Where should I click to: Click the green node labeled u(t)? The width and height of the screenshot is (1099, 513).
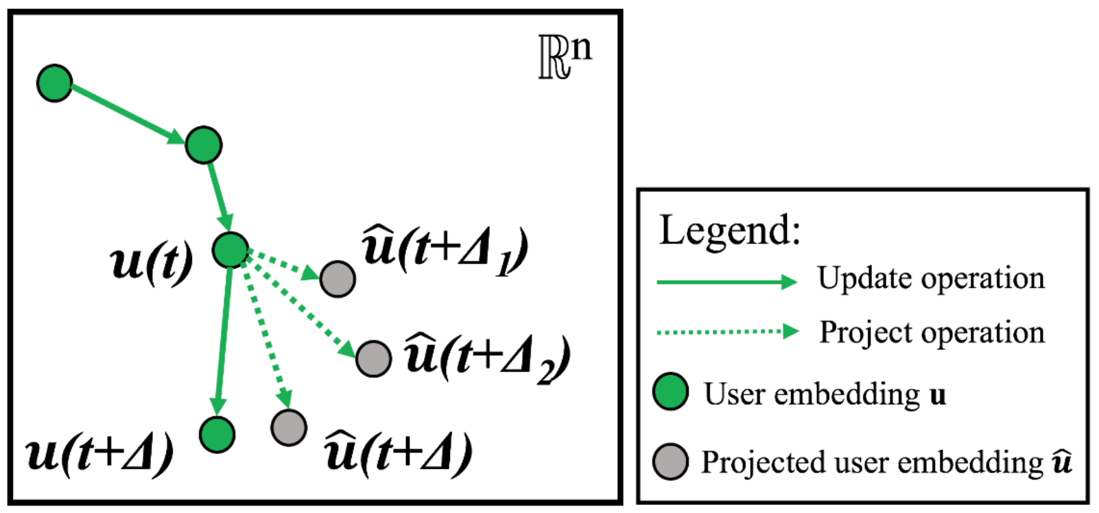pos(230,250)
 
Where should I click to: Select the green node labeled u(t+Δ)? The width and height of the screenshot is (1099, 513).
pos(217,434)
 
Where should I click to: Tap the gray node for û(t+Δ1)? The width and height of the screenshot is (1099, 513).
pos(338,278)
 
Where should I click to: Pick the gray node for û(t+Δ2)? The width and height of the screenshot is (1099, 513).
pos(374,358)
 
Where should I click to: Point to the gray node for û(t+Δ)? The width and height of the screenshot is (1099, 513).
pos(289,427)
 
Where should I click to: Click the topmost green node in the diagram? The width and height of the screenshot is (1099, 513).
pos(54,83)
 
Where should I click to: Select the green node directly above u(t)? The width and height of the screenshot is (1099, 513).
pos(204,145)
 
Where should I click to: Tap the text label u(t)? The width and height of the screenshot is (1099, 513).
pos(152,262)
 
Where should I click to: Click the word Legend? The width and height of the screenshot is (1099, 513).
pos(730,230)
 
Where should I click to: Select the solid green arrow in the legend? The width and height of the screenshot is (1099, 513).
pos(726,281)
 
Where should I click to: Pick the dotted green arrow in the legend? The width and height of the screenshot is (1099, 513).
pos(726,332)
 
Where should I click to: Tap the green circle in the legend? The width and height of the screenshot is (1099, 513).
pos(670,392)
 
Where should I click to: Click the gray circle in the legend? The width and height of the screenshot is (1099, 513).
pos(670,461)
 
